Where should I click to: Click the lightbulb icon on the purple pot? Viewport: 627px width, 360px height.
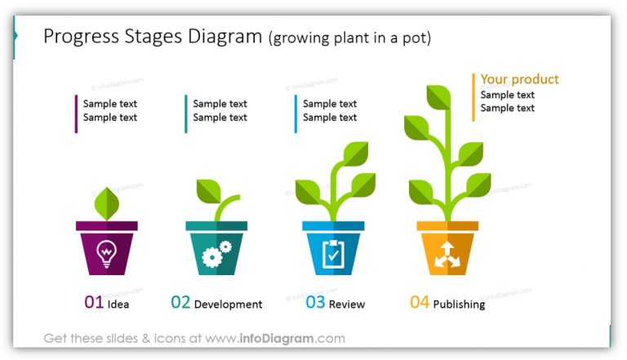coord(106,253)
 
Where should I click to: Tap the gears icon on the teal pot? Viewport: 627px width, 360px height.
coord(216,253)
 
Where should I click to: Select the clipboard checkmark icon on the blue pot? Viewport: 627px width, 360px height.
coord(332,253)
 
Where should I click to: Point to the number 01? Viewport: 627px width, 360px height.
coord(94,303)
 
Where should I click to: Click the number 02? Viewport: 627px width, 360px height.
coord(180,303)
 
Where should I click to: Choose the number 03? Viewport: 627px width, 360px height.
coord(315,303)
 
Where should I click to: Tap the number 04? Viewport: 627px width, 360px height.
coord(419,303)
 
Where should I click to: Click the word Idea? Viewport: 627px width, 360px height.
coord(118,304)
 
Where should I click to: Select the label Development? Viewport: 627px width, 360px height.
coord(228,304)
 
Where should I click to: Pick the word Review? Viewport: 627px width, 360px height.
coord(347,304)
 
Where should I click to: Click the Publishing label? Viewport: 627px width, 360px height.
coord(459,304)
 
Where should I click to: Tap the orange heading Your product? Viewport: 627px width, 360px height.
coord(519,79)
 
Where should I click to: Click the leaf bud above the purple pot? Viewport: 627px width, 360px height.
coord(106,201)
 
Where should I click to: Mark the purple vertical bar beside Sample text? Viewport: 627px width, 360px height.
coord(77,113)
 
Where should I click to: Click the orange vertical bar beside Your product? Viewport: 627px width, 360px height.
coord(473,97)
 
